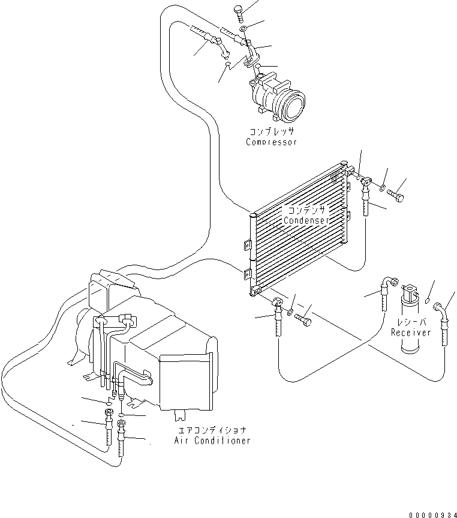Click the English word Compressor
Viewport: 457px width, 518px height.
pyautogui.click(x=271, y=142)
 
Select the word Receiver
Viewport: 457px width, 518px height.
pyautogui.click(x=411, y=333)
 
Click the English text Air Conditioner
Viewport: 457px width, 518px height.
pyautogui.click(x=212, y=441)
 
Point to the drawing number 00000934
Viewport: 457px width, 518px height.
pyautogui.click(x=432, y=514)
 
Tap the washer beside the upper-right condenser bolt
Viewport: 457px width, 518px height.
pyautogui.click(x=381, y=189)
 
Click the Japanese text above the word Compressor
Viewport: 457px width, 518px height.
pyautogui.click(x=272, y=131)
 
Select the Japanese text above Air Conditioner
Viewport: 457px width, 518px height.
pyautogui.click(x=212, y=430)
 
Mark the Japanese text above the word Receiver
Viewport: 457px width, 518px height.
pyautogui.click(x=411, y=322)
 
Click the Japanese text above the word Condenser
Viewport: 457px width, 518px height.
pyautogui.click(x=306, y=210)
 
